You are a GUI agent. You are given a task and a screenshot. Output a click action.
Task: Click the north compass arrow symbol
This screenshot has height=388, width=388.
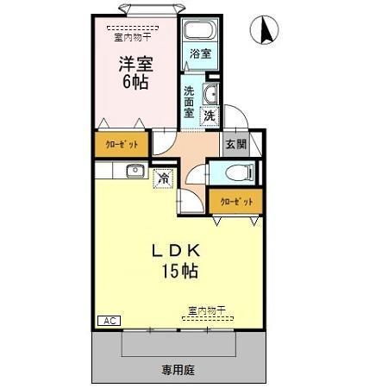(x=265, y=31)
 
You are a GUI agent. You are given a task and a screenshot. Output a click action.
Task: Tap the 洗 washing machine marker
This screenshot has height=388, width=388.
(x=210, y=115)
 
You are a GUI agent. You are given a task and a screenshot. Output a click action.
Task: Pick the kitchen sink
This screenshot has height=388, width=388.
(x=135, y=170)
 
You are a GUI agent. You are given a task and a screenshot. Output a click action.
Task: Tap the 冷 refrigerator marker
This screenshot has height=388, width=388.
(x=163, y=178)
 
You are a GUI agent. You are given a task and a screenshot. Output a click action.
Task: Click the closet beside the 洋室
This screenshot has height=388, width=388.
(x=122, y=144)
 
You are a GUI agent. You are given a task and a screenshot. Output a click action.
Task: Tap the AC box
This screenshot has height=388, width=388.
(x=108, y=321)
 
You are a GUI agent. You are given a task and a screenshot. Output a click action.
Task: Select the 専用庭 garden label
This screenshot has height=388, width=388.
(x=178, y=370)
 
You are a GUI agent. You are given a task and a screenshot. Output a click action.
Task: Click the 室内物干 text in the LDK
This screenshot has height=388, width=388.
(x=205, y=310)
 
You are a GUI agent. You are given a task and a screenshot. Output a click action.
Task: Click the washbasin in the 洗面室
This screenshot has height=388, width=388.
(x=208, y=92)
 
